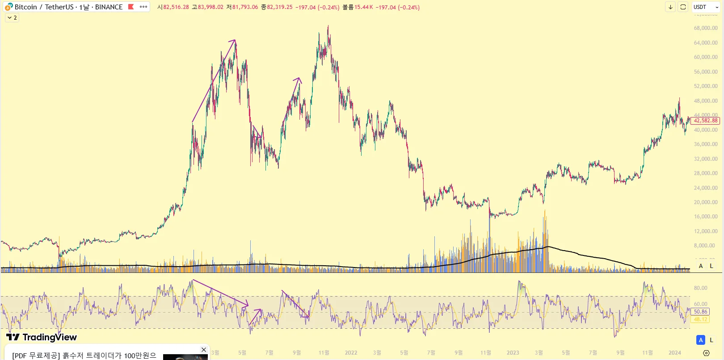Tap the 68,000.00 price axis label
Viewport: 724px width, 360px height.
(706, 28)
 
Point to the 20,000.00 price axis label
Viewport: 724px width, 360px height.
(706, 202)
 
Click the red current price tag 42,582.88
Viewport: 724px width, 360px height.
(705, 121)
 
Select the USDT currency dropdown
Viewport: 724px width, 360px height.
(706, 7)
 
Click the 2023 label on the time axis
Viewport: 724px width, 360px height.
(513, 353)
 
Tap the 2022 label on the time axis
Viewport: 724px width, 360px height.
(351, 353)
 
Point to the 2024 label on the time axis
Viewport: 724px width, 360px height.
(674, 353)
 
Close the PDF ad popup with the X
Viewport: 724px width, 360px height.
(204, 350)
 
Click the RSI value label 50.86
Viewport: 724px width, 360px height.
(700, 312)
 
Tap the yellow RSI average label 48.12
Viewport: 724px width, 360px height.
(700, 319)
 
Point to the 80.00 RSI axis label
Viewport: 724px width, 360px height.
(700, 288)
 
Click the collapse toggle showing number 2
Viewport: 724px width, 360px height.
(12, 18)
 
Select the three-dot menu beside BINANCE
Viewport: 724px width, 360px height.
(143, 7)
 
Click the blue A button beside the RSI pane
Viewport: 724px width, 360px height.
(701, 340)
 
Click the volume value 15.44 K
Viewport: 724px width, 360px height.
(364, 7)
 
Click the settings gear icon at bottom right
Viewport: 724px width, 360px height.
(706, 353)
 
